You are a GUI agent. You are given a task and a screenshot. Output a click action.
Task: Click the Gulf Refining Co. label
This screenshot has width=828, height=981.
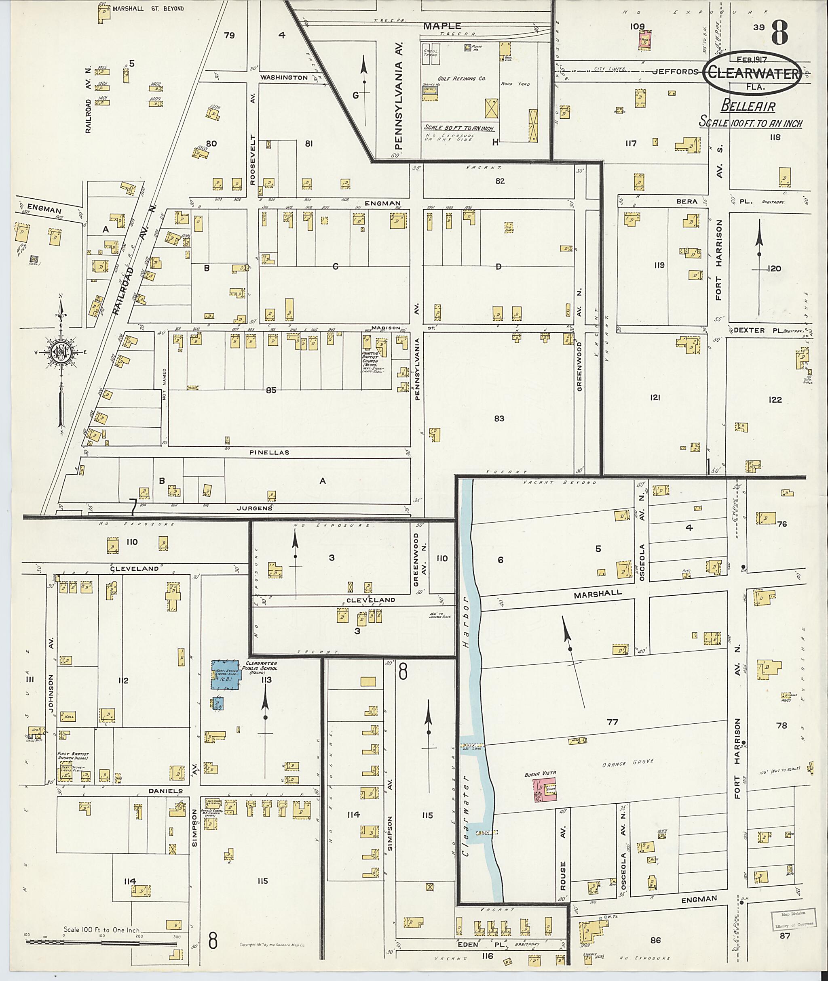tap(455, 79)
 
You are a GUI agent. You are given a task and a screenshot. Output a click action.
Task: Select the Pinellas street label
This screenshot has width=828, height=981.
tap(273, 452)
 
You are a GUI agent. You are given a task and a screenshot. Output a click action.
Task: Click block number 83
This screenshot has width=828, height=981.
tap(498, 418)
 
